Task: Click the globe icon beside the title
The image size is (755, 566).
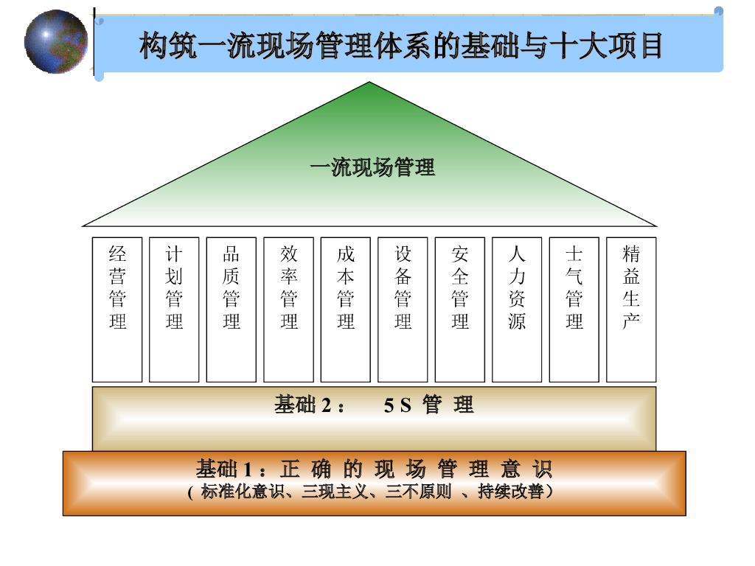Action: click(56, 42)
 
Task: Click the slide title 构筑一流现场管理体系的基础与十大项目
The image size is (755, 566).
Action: click(401, 46)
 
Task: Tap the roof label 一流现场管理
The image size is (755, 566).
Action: click(372, 167)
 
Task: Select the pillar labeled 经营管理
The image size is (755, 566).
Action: click(117, 310)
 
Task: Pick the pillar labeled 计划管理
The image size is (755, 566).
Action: click(174, 310)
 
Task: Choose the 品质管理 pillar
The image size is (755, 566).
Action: click(232, 310)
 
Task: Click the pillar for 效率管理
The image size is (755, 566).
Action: click(288, 310)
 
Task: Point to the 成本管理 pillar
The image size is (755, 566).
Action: click(346, 310)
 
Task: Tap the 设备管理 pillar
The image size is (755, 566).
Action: click(403, 310)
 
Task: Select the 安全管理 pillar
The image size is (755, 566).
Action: click(460, 310)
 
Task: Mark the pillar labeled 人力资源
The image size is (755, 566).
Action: click(517, 310)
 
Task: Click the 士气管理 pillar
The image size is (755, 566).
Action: click(574, 310)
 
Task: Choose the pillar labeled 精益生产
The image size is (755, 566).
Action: click(631, 310)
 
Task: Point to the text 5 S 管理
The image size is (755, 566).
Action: click(428, 405)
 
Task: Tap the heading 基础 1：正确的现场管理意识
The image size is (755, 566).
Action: click(374, 469)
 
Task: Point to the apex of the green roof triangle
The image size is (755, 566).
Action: click(369, 83)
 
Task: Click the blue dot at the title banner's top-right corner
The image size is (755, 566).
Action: click(718, 10)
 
